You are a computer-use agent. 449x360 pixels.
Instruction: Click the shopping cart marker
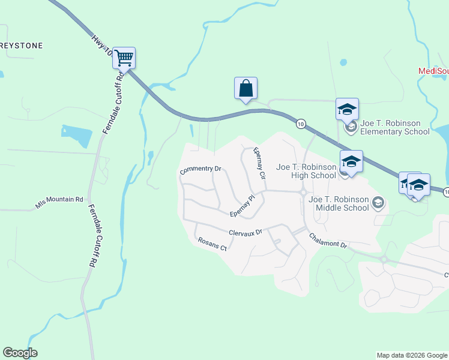(x=124, y=58)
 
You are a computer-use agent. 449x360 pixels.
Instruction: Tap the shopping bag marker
(x=246, y=88)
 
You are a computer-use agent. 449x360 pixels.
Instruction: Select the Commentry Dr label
(x=200, y=170)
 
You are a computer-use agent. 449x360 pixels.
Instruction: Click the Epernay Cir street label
(x=259, y=164)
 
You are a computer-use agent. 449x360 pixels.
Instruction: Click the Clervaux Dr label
(x=246, y=232)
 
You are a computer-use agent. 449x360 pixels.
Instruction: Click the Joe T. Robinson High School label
(x=306, y=171)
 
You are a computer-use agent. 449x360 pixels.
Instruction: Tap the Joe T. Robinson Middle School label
(x=338, y=203)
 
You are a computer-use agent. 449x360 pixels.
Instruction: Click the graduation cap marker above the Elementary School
(x=347, y=109)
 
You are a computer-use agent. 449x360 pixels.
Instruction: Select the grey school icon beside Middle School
(x=378, y=203)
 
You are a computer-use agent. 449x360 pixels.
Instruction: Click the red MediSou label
(x=433, y=71)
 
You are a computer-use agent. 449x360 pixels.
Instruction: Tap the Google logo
(x=20, y=353)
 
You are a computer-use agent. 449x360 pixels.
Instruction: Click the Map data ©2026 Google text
(x=412, y=355)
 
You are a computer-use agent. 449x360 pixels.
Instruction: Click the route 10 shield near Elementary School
(x=301, y=123)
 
